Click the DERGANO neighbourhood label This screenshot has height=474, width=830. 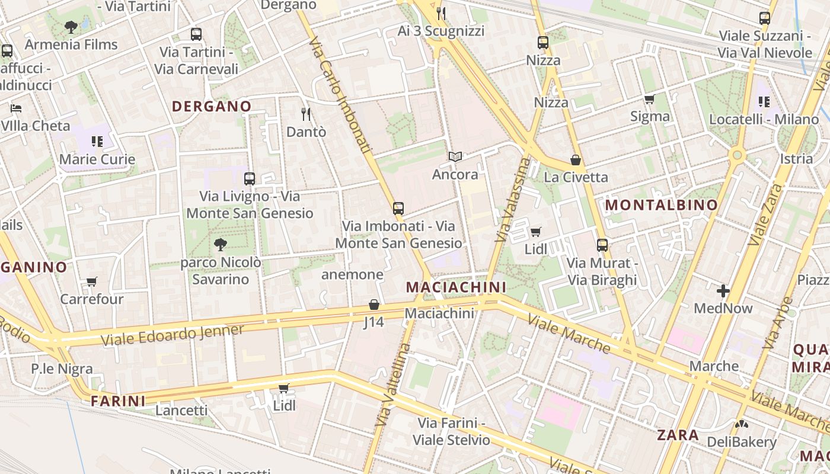coord(212,107)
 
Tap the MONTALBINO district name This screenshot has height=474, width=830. coord(661,206)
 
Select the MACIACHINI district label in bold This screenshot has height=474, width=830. coord(456,287)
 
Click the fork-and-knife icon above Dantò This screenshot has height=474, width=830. coord(306,114)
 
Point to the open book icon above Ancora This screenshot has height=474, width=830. coord(455,157)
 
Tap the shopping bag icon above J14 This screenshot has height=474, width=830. coord(374,305)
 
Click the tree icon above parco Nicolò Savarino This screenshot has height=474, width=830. coord(221,244)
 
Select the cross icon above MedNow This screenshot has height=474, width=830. coord(723,291)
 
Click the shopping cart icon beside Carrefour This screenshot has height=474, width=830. coord(91,281)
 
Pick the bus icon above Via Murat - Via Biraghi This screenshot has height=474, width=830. coord(602,245)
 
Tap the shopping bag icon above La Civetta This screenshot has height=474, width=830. coord(575,160)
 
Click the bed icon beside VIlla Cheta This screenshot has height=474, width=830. coord(16,108)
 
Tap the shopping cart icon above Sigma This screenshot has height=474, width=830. coord(650,99)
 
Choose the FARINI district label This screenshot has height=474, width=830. coord(118,401)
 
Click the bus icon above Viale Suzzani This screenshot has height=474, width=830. coord(765,18)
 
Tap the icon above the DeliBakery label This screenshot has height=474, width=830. coord(741,424)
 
